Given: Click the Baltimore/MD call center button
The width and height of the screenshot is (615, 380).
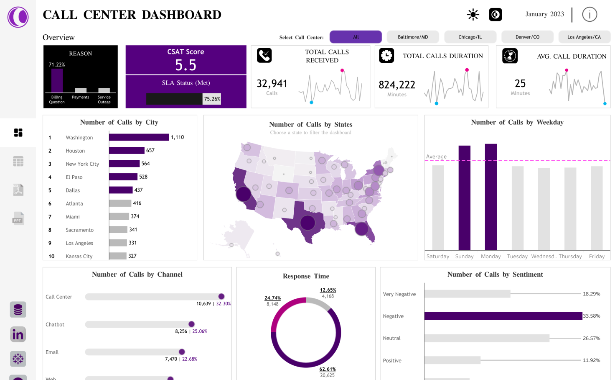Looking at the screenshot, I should click(x=413, y=37).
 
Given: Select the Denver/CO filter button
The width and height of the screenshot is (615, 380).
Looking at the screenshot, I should click(x=527, y=37).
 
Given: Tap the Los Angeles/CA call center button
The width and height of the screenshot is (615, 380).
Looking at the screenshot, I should click(x=584, y=37).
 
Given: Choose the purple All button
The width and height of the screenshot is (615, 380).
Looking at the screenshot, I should click(x=356, y=37).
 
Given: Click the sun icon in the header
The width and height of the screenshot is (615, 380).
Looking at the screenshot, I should click(x=473, y=15).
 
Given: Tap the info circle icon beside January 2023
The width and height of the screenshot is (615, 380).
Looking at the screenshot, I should click(x=590, y=15).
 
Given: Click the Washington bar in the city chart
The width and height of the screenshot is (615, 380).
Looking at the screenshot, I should click(x=139, y=137).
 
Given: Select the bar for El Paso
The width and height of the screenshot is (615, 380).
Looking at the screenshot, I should click(x=123, y=177).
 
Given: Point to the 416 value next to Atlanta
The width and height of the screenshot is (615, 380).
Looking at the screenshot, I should click(x=137, y=203).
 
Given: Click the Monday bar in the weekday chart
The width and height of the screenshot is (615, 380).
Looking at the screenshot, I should click(x=491, y=197).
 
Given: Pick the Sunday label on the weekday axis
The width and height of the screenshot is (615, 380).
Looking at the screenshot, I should click(x=464, y=257).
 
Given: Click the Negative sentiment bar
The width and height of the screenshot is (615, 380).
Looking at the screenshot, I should click(x=503, y=316).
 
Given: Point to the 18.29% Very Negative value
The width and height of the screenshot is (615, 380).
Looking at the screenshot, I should click(x=591, y=294).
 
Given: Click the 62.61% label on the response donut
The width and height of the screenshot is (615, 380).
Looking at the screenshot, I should click(x=328, y=369).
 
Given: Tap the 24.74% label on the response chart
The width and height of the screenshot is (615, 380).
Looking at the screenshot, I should click(x=273, y=298).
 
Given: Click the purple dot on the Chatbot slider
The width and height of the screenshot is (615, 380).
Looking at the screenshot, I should click(x=191, y=324).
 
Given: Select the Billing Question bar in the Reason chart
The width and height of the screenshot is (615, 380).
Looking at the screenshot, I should click(x=57, y=80).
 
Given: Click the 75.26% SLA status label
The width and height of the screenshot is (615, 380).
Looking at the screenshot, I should click(x=212, y=99).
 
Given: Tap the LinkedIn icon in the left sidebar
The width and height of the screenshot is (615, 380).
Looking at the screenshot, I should click(x=18, y=334).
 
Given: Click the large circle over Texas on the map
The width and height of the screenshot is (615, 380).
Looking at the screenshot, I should click(x=307, y=223).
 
